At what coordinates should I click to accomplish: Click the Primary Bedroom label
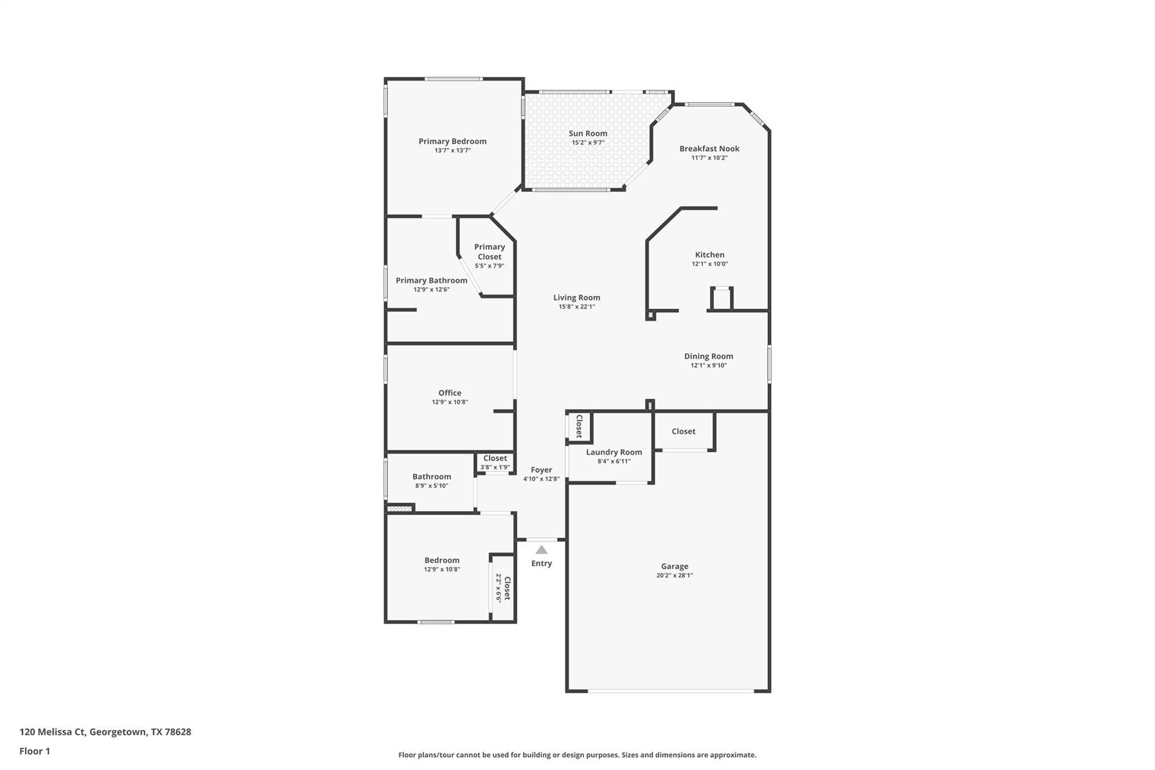pos(452,141)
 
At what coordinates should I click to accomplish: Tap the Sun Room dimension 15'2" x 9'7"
pos(588,143)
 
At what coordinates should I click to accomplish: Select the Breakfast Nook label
pos(709,148)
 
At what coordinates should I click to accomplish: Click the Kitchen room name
pos(709,254)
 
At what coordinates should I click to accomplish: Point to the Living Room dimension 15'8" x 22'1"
pos(576,307)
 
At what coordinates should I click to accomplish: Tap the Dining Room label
pos(708,356)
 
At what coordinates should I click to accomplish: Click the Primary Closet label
pos(489,252)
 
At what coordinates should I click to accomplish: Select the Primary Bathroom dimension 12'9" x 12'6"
pos(431,289)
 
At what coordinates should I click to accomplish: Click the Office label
pos(449,393)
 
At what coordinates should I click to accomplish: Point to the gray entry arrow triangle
pos(541,549)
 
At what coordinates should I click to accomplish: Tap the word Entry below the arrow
pos(541,563)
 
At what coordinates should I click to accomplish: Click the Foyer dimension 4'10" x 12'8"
pos(541,479)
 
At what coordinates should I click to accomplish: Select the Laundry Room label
pos(614,452)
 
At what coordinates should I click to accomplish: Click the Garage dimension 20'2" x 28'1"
pos(675,575)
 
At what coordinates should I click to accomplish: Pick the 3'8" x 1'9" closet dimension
pos(495,467)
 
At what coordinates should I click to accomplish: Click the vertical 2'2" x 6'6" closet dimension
pos(498,588)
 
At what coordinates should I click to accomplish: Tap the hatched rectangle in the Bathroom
pos(399,509)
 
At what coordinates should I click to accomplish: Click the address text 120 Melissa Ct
pos(53,732)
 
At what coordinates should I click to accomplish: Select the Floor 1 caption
pos(35,751)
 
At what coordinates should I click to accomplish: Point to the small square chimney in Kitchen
pos(721,298)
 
